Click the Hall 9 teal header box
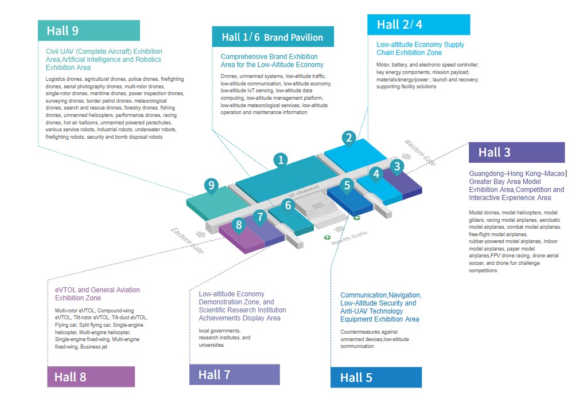[x=89, y=30]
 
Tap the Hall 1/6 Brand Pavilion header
[x=272, y=37]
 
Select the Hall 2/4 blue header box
[x=418, y=25]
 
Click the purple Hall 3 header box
[x=516, y=152]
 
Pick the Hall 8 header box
[x=91, y=377]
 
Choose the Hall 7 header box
[x=234, y=374]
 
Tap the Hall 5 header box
[x=376, y=377]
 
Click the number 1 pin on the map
[x=280, y=159]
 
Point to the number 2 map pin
[x=348, y=138]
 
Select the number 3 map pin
[x=396, y=166]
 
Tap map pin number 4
[x=376, y=173]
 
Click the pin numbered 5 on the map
[x=347, y=185]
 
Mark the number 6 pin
[x=288, y=204]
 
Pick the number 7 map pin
[x=260, y=217]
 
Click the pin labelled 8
[x=239, y=225]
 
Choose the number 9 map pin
[x=212, y=185]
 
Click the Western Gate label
[x=420, y=152]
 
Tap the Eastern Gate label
[x=187, y=240]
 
